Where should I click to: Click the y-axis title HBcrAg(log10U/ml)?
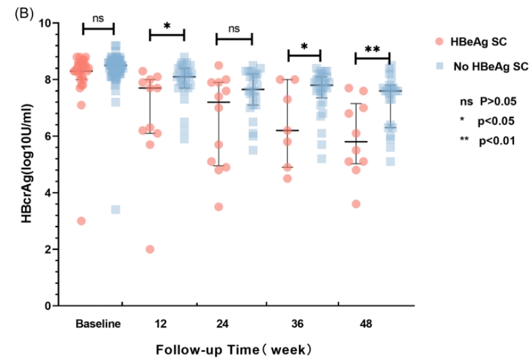(x=29, y=164)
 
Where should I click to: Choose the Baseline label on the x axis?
(x=98, y=324)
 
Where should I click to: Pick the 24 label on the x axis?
(x=222, y=324)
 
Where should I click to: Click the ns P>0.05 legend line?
(x=487, y=101)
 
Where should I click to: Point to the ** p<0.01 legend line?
(x=487, y=139)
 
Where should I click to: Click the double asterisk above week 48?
(x=372, y=49)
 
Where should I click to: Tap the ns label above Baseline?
(x=98, y=20)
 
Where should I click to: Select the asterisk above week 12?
(x=167, y=26)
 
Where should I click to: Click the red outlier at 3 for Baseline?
(x=82, y=221)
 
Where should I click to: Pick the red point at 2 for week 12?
(x=149, y=249)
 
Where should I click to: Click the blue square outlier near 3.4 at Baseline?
(x=116, y=209)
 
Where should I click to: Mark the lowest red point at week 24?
(x=219, y=206)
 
